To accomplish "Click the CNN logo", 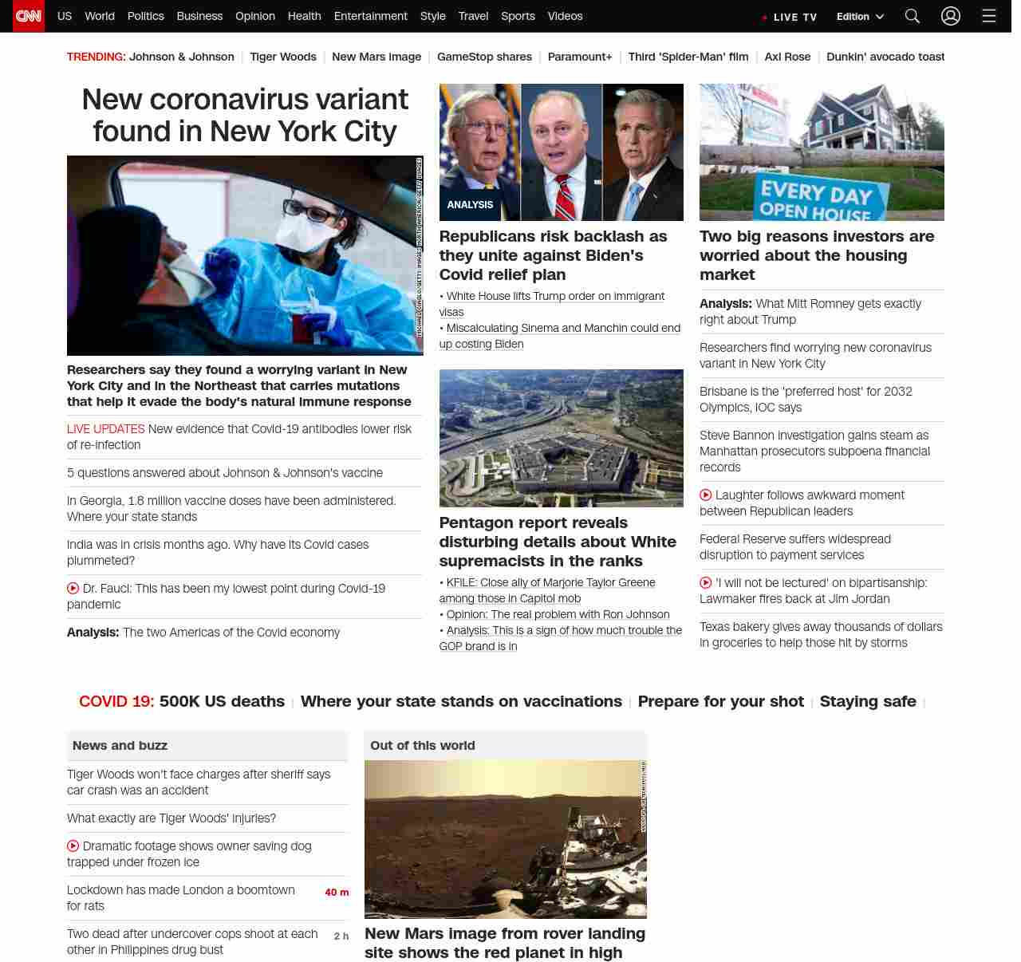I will click(x=29, y=16).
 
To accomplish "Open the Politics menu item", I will click(x=145, y=16).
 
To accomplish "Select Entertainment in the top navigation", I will click(x=370, y=16).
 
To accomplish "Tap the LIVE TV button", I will click(x=790, y=17).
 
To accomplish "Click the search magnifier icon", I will click(x=913, y=16).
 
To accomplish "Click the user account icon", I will click(x=951, y=16).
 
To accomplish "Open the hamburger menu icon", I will click(x=989, y=16).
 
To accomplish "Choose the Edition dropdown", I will click(x=860, y=17).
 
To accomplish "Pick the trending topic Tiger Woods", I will click(x=282, y=57).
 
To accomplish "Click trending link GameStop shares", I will click(x=484, y=57).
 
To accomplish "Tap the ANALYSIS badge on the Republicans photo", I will click(x=470, y=205).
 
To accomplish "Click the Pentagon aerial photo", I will click(x=561, y=438).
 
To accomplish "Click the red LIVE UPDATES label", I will click(x=105, y=429).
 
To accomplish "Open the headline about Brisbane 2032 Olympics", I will click(x=806, y=400).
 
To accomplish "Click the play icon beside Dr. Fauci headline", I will click(x=73, y=589).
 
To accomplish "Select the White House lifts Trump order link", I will click(x=555, y=296).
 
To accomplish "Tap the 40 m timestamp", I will click(x=337, y=893).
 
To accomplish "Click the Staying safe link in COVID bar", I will click(x=868, y=701).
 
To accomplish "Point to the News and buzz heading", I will click(x=120, y=746).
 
